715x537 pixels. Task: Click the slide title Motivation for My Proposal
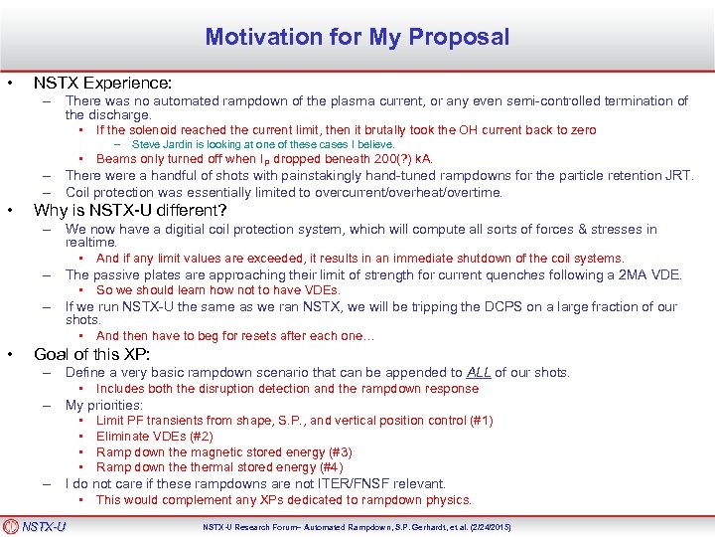[x=357, y=38]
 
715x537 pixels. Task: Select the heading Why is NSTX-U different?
[x=130, y=211]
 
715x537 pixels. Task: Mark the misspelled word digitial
[x=192, y=229]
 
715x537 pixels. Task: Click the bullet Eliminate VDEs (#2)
[x=154, y=436]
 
